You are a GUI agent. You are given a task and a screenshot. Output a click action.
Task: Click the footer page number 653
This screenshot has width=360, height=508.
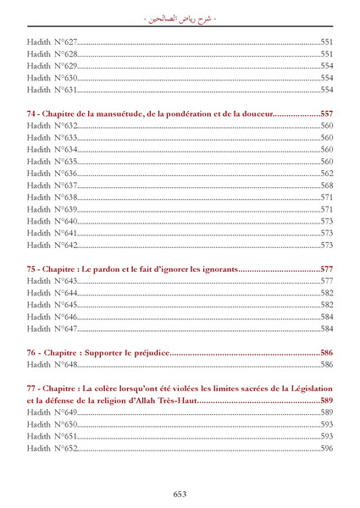click(180, 494)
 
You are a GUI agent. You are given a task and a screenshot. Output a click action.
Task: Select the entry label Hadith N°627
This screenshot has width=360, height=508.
click(53, 41)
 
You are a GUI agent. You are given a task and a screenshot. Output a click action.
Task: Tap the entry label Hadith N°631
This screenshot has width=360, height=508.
click(53, 89)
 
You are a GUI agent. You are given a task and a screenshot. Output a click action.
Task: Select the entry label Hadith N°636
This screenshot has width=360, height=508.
click(53, 173)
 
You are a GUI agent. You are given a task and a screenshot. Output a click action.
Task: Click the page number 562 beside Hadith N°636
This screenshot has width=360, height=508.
click(326, 173)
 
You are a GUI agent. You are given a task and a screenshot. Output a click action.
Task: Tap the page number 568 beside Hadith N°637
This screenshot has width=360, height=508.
click(326, 185)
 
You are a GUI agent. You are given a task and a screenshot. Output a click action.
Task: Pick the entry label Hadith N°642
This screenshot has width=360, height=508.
click(53, 246)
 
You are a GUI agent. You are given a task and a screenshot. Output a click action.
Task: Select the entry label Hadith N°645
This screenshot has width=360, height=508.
click(53, 305)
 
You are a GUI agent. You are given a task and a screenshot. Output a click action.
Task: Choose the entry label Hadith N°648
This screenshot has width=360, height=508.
click(53, 365)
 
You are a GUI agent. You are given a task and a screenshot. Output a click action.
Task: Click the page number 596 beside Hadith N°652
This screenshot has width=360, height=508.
click(326, 448)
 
